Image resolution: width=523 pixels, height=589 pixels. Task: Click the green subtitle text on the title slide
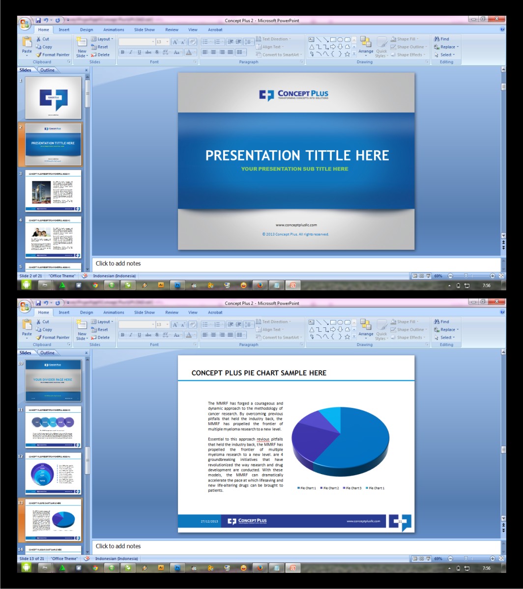(294, 169)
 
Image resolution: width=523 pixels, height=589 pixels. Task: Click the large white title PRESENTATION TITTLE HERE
(297, 156)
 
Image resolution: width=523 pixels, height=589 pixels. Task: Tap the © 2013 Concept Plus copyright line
(295, 234)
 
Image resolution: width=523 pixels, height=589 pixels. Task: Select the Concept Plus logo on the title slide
(294, 95)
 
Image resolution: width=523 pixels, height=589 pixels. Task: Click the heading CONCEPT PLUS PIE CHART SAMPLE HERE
(259, 373)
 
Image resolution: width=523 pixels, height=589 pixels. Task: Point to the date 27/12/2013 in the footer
(209, 521)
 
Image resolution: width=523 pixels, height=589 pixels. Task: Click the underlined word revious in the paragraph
(263, 439)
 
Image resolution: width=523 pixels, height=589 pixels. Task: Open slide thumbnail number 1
(54, 98)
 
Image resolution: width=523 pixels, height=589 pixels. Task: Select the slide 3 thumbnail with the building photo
(54, 191)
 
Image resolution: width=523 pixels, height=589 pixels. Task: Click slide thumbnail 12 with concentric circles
(54, 474)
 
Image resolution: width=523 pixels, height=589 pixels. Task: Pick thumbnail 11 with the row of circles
(54, 427)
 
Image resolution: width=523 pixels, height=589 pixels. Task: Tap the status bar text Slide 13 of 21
(32, 559)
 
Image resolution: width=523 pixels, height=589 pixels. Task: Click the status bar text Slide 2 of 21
(30, 276)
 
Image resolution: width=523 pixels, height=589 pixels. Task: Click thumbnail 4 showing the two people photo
(54, 238)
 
